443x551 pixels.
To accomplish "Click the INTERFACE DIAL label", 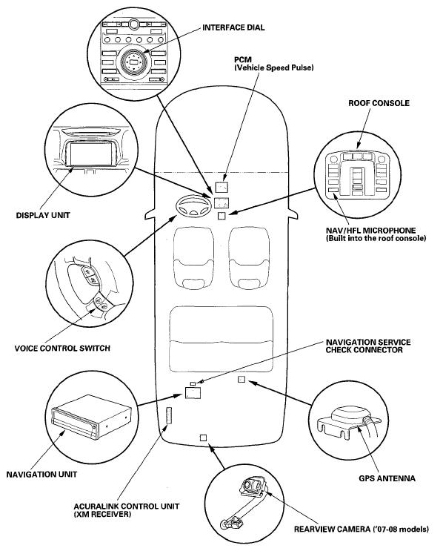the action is click(x=233, y=27).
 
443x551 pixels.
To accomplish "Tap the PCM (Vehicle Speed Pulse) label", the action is click(x=274, y=64).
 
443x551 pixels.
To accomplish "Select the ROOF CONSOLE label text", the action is click(x=379, y=103).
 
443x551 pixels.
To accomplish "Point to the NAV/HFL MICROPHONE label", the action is click(x=376, y=234).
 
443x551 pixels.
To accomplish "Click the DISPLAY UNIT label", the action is click(x=43, y=215).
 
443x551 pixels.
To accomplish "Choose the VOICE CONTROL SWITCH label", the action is click(x=62, y=349).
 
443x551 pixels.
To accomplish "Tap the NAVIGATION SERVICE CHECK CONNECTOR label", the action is click(x=368, y=346).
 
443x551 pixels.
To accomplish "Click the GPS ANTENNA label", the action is click(x=387, y=478).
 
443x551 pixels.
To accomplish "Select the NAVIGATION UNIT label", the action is click(x=41, y=475).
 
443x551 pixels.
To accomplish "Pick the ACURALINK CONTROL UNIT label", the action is click(x=127, y=510).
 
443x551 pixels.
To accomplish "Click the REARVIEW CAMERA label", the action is click(x=362, y=529).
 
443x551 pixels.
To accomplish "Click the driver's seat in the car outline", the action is click(x=193, y=257).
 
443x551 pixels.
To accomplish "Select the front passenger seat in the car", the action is click(x=249, y=257).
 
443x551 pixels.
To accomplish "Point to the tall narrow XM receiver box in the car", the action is click(x=169, y=416).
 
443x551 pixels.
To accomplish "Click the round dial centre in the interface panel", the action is click(x=134, y=62).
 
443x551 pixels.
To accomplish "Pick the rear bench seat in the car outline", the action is click(x=221, y=339).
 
